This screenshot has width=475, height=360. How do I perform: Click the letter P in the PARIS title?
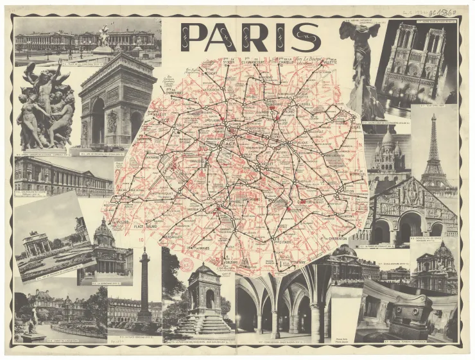pos(194,37)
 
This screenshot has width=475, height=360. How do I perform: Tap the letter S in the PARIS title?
pos(305,37)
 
